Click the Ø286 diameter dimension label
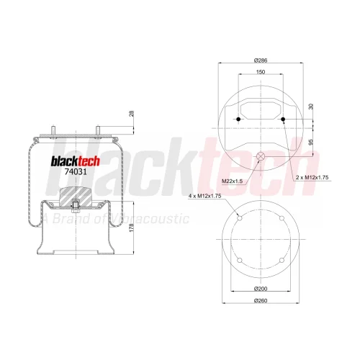tap(261, 60)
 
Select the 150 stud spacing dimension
tap(261, 72)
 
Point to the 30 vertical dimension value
tap(311, 107)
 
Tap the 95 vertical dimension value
tap(311, 142)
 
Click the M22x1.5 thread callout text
tap(232, 181)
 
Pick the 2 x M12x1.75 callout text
tap(312, 177)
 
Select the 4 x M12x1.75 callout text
tap(204, 196)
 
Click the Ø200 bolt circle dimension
tap(261, 289)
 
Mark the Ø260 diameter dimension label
tap(261, 300)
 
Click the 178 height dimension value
tap(131, 228)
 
